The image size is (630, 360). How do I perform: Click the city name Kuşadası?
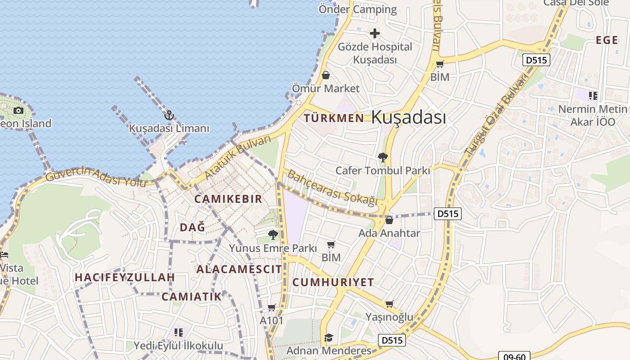click(x=409, y=117)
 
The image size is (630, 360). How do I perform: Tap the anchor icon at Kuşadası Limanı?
click(x=169, y=116)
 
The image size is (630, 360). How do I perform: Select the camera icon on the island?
click(x=18, y=110)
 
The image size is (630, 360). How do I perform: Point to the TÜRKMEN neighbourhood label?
click(x=333, y=118)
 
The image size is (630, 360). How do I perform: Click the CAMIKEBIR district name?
click(x=228, y=199)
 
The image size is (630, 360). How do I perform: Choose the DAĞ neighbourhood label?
click(x=193, y=227)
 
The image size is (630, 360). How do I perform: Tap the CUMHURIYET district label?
click(x=333, y=282)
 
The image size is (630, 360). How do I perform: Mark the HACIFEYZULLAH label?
click(x=125, y=277)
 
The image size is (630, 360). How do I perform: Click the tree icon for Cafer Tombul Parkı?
click(x=383, y=157)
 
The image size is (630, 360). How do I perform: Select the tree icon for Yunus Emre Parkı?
click(x=273, y=234)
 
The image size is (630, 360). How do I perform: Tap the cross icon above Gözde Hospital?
click(x=374, y=33)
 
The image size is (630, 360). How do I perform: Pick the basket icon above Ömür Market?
click(x=325, y=75)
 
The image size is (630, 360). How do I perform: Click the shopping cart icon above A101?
click(x=271, y=307)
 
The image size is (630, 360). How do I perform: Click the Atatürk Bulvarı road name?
click(x=238, y=157)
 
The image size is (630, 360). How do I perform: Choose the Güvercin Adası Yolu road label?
click(x=96, y=176)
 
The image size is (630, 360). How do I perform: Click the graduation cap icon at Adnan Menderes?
click(x=329, y=337)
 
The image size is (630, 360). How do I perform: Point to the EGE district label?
click(x=607, y=40)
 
